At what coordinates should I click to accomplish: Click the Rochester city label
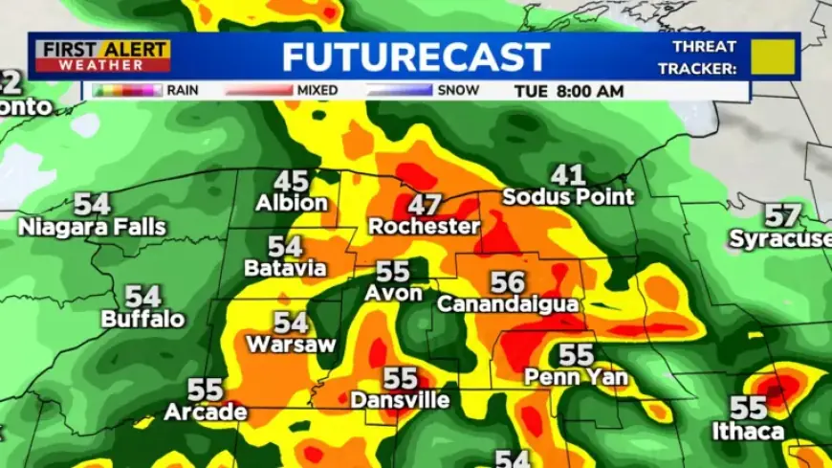point(424,227)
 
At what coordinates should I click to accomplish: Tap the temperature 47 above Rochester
point(424,204)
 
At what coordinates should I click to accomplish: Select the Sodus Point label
point(568,197)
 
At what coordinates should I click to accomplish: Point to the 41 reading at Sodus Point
point(568,174)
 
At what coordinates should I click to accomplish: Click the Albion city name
point(292,204)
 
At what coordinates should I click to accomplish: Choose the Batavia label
point(285,269)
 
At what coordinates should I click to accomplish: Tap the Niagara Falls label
point(92,228)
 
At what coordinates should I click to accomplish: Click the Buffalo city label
point(143,320)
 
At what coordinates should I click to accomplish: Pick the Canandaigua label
point(508,304)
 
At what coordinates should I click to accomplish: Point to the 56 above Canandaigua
point(508,281)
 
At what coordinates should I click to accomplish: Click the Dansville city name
point(400,401)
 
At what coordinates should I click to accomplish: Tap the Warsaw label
point(291,345)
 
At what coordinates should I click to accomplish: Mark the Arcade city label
point(206,413)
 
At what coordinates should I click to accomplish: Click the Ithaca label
point(748,432)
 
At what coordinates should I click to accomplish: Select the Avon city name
point(393,294)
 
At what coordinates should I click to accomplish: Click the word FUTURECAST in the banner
point(416,56)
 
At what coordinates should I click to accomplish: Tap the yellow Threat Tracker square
point(774,56)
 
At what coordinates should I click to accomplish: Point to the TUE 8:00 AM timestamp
point(568,91)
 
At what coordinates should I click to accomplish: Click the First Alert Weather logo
point(100,56)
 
